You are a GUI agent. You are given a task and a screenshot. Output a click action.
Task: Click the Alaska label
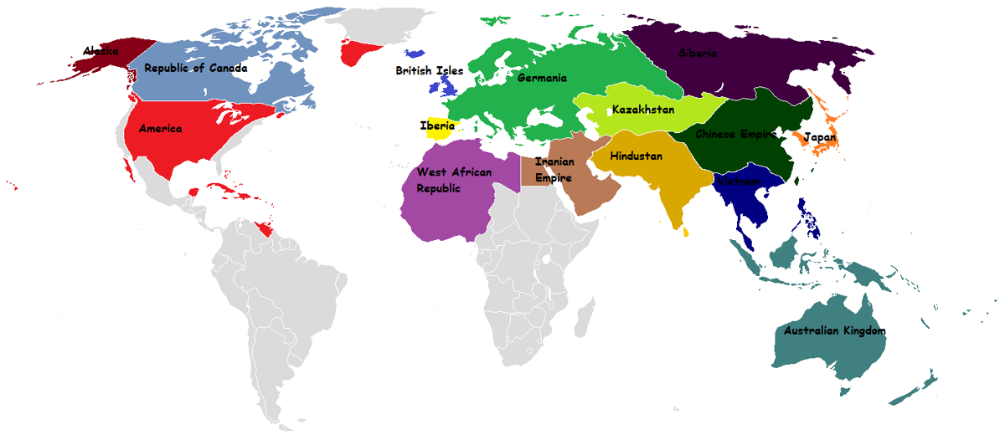click(101, 52)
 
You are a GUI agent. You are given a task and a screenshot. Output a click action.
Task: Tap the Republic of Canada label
click(196, 69)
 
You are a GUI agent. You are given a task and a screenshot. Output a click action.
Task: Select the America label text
click(161, 129)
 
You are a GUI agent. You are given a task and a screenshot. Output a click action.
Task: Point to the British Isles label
click(430, 71)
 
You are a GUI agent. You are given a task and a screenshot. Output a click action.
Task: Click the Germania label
click(542, 79)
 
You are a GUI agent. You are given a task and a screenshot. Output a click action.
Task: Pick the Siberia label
click(698, 54)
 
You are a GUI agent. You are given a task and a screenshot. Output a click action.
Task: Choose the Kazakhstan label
click(643, 110)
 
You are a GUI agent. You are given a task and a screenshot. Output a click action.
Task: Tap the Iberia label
click(437, 125)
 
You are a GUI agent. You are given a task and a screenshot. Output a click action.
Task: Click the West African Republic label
click(450, 180)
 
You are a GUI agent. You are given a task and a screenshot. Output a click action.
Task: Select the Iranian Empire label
click(554, 170)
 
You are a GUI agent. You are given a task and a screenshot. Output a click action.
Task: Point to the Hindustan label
click(636, 156)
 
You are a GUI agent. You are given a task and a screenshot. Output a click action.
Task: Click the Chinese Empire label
click(736, 134)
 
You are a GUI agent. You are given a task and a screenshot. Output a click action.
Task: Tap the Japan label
click(820, 137)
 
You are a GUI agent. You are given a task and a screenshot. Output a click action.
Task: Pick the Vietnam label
click(739, 182)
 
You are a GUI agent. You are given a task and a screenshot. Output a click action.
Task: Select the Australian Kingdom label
click(834, 331)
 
